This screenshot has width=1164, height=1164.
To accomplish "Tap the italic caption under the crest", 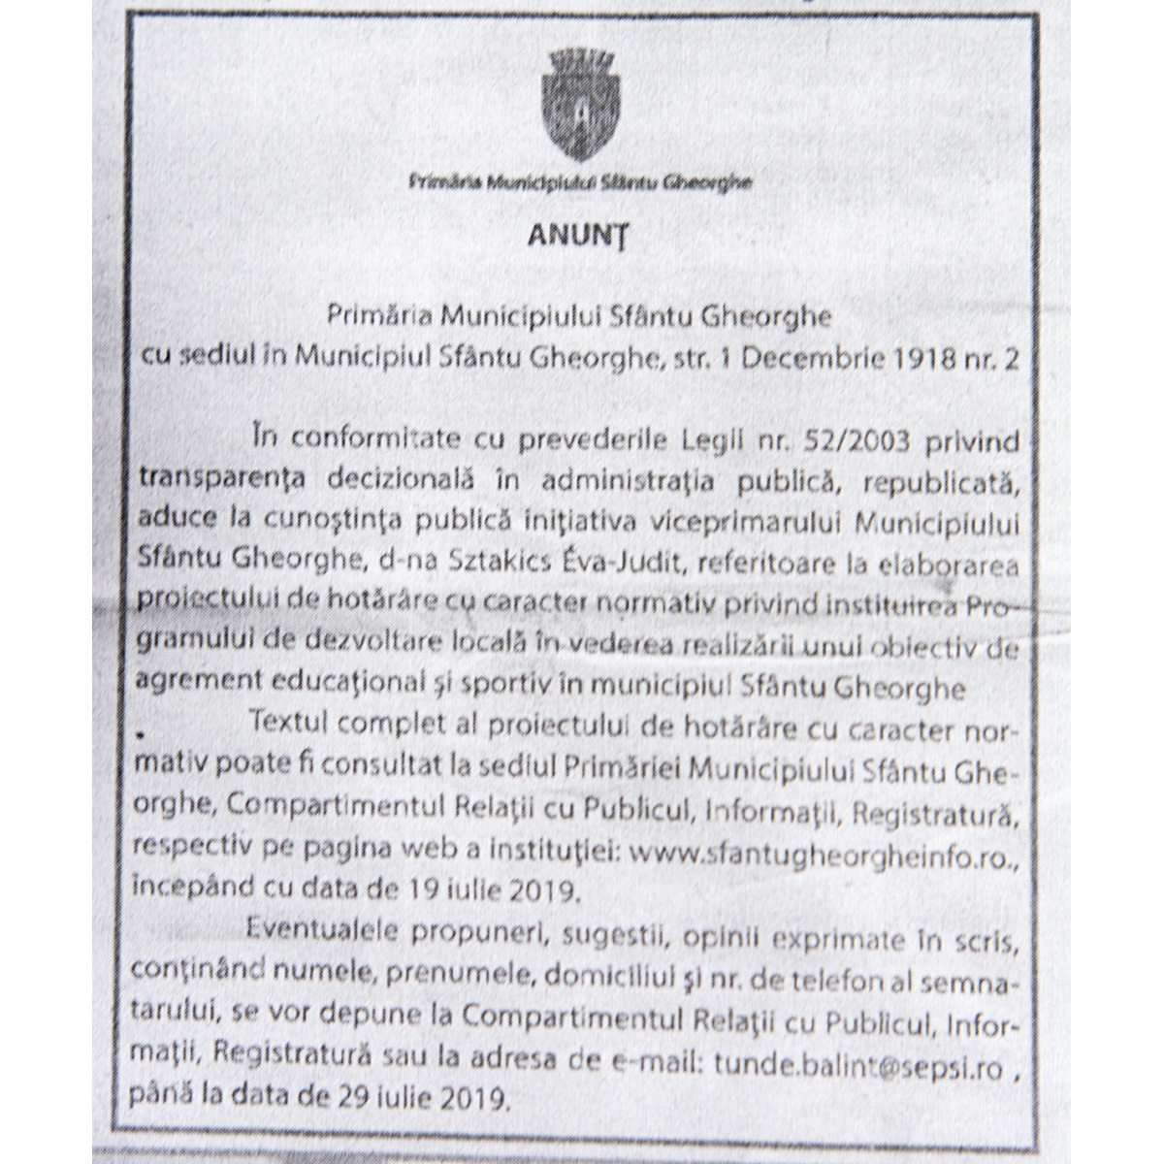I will (580, 181).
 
